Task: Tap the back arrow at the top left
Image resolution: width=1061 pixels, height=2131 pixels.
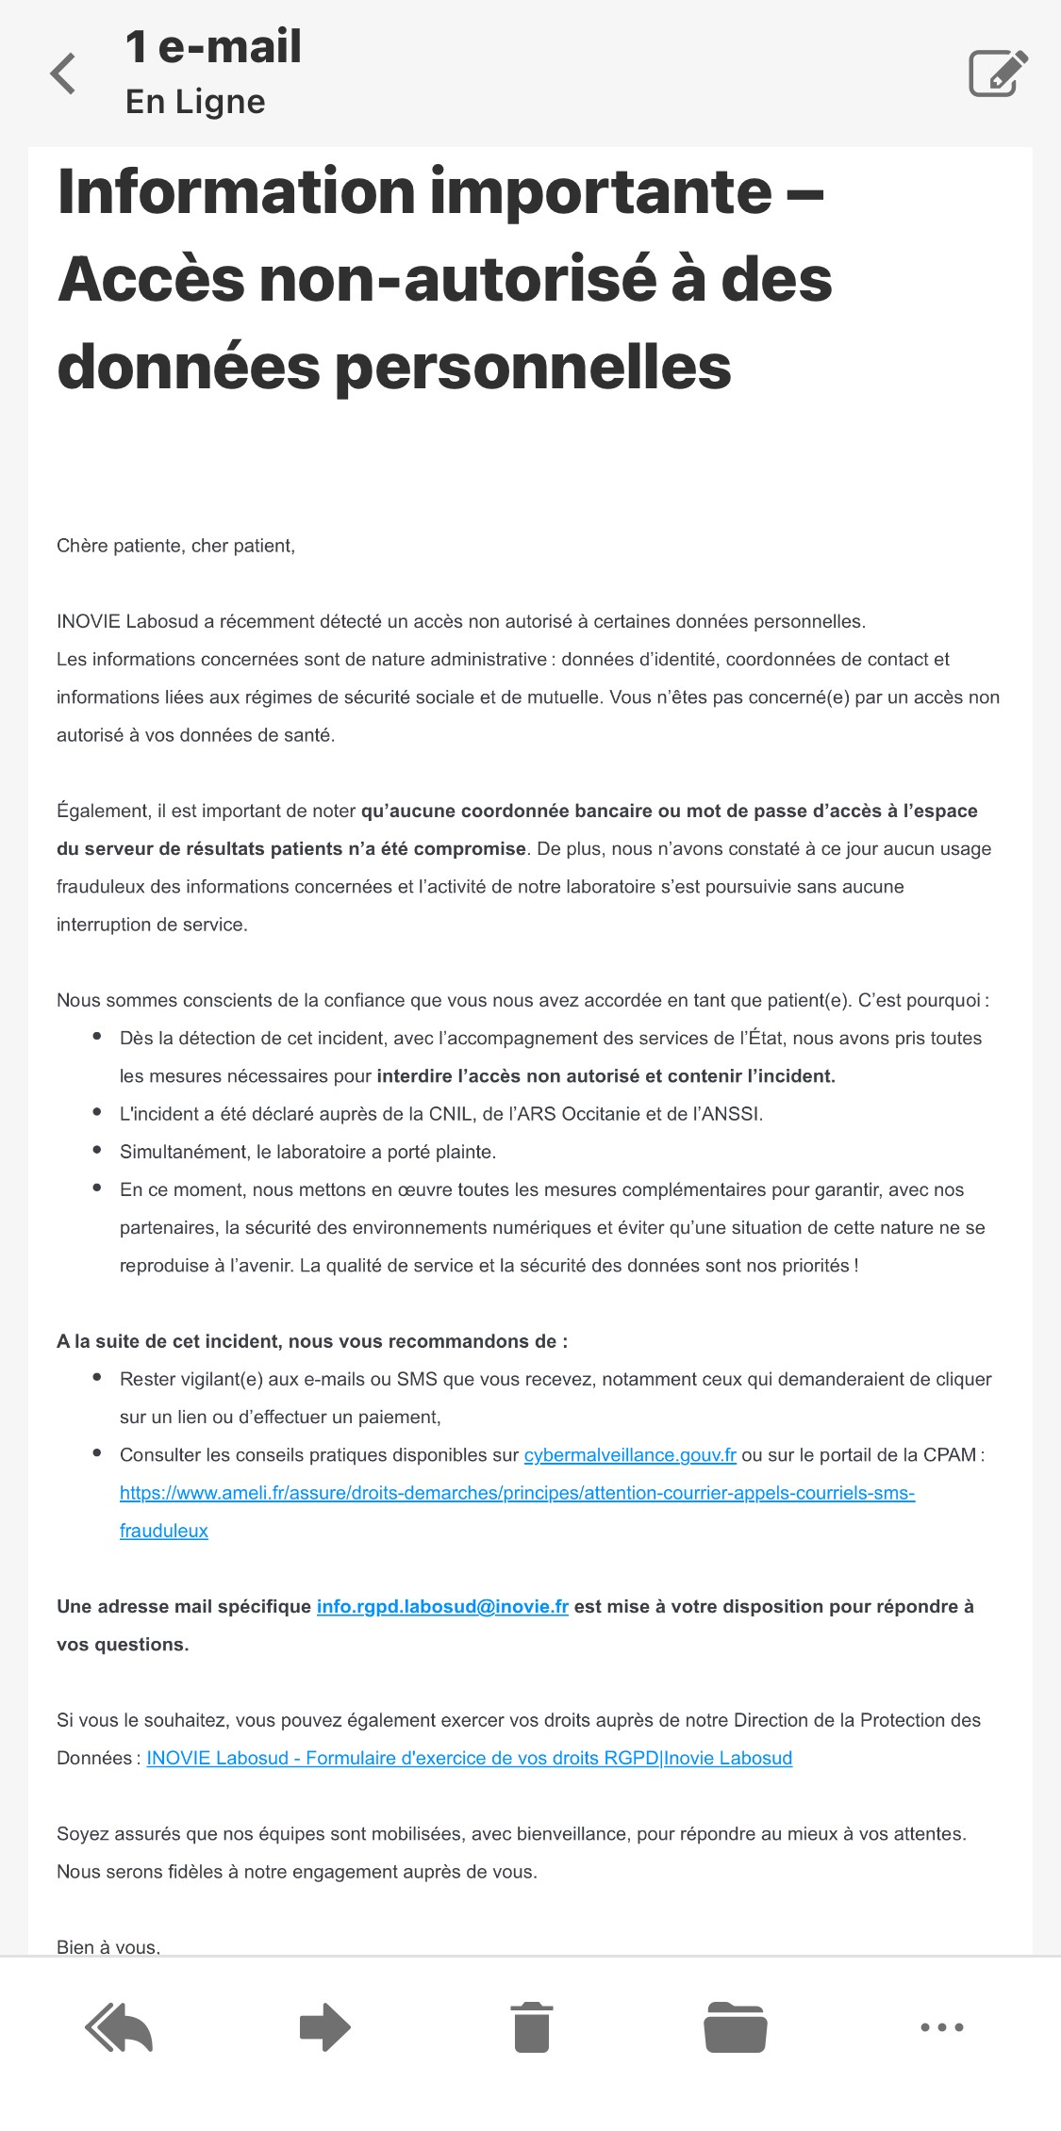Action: pyautogui.click(x=63, y=74)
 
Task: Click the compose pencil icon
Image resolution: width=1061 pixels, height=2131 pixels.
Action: pyautogui.click(x=998, y=73)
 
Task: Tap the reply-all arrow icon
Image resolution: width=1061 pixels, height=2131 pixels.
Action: pyautogui.click(x=119, y=2027)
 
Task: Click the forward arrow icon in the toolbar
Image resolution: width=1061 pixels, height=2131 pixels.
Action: pyautogui.click(x=325, y=2027)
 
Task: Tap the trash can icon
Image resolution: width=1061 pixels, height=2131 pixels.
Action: pyautogui.click(x=532, y=2027)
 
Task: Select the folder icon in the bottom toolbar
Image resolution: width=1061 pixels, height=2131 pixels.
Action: pyautogui.click(x=736, y=2027)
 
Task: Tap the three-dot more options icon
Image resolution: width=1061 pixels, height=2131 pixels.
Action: pyautogui.click(x=941, y=2027)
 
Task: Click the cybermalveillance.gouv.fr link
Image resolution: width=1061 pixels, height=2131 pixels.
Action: pyautogui.click(x=630, y=1455)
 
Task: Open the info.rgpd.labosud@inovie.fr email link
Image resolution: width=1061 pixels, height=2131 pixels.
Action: pyautogui.click(x=442, y=1607)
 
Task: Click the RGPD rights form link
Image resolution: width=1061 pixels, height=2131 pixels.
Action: pyautogui.click(x=469, y=1758)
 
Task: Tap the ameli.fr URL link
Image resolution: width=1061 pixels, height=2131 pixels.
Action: pyautogui.click(x=517, y=1493)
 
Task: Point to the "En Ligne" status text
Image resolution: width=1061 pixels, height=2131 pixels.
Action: pyautogui.click(x=195, y=102)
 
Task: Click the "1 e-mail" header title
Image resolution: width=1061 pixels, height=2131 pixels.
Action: pyautogui.click(x=213, y=46)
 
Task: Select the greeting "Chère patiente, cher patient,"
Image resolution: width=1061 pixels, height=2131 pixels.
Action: pyautogui.click(x=175, y=546)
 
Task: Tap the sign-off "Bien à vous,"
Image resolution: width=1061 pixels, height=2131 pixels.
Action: pyautogui.click(x=108, y=1946)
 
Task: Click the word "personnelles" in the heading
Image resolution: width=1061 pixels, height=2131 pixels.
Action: pyautogui.click(x=533, y=367)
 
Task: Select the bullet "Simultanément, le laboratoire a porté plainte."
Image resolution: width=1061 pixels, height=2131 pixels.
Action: pyautogui.click(x=307, y=1152)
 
